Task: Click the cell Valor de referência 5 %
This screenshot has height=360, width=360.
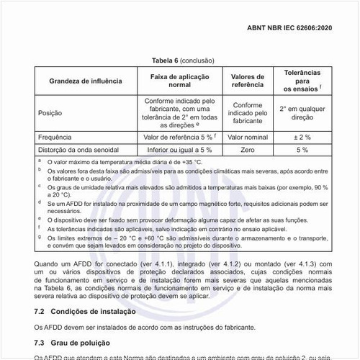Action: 179,137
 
